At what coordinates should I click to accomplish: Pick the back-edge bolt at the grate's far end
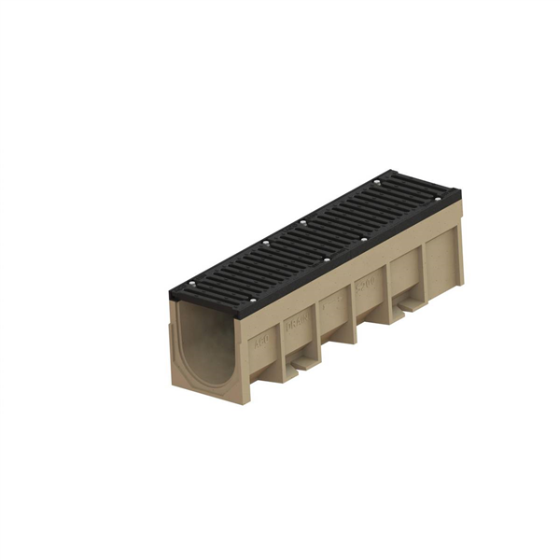pyautogui.click(x=376, y=181)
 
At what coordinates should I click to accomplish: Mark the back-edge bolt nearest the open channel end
pyautogui.click(x=190, y=283)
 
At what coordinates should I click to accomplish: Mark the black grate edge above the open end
pyautogui.click(x=201, y=308)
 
